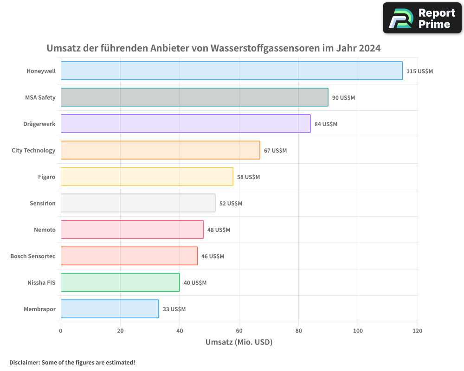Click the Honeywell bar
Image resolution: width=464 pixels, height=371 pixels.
coord(232,71)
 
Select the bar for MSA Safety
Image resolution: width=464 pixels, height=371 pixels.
coord(194,97)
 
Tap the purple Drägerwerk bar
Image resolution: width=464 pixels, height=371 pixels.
coord(186,124)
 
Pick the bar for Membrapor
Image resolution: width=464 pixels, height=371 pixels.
coord(110,309)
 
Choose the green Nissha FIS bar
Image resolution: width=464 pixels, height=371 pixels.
coord(120,282)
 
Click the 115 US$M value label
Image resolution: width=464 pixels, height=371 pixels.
coord(419,71)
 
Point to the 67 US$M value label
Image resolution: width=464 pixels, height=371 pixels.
coord(275,151)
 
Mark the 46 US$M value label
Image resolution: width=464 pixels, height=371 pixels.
coord(213,256)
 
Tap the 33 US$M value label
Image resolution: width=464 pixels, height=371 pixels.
coord(174,309)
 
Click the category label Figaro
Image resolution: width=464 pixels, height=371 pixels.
coord(46,177)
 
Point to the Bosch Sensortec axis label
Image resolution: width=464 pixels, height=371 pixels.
coord(32,256)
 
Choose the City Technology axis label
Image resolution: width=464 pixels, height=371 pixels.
coord(33,150)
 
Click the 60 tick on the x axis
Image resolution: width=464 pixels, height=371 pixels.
coord(239,331)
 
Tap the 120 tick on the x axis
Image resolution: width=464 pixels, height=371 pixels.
coord(418,331)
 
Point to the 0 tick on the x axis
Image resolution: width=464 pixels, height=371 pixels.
coord(61,331)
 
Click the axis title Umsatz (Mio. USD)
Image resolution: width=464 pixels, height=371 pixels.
coord(239,342)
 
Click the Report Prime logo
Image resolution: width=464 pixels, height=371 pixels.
coord(422,18)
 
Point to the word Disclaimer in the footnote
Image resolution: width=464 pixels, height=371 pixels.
coord(24,362)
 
